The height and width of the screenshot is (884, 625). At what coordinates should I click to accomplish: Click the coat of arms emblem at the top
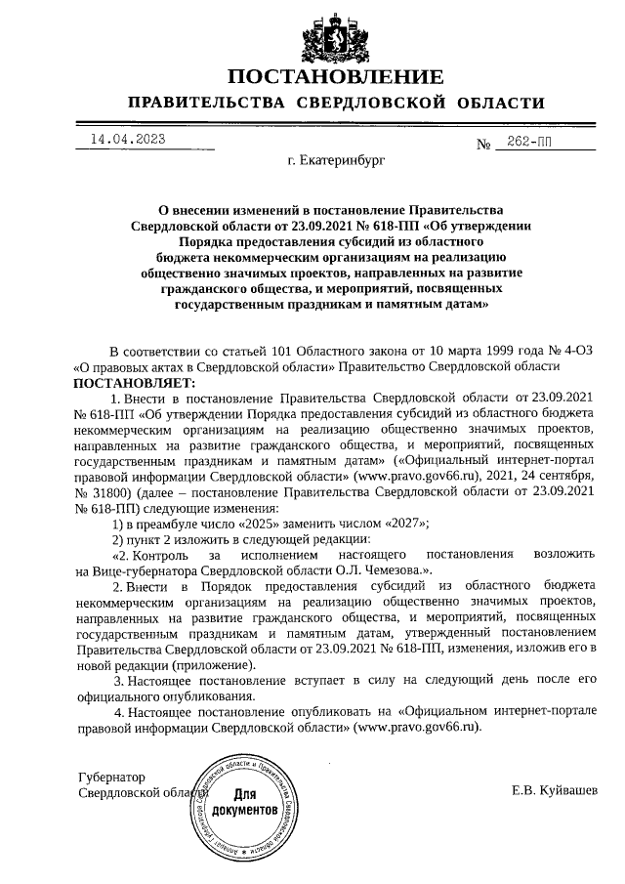[336, 35]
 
